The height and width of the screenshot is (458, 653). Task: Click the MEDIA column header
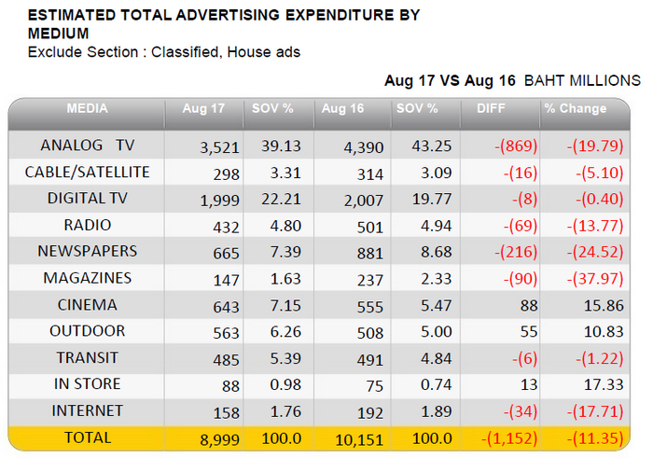pyautogui.click(x=87, y=109)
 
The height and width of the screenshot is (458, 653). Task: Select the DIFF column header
pyautogui.click(x=491, y=109)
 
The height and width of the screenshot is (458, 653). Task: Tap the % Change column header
pyautogui.click(x=576, y=109)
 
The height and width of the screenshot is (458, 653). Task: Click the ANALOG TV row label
pyautogui.click(x=88, y=146)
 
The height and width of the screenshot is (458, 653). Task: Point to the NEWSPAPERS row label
pyautogui.click(x=88, y=252)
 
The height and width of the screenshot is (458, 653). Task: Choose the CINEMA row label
pyautogui.click(x=88, y=305)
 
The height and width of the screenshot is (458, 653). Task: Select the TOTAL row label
pyautogui.click(x=88, y=437)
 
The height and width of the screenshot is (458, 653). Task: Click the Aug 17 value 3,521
pyautogui.click(x=219, y=147)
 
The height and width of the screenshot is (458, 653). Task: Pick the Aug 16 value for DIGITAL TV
pyautogui.click(x=364, y=201)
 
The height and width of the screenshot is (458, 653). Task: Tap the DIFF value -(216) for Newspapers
pyautogui.click(x=516, y=252)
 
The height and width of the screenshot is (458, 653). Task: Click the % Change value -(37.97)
pyautogui.click(x=595, y=279)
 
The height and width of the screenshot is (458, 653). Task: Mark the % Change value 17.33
pyautogui.click(x=604, y=384)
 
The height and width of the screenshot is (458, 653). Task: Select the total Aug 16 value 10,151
pyautogui.click(x=359, y=439)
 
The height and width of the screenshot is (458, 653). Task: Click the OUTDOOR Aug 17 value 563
pyautogui.click(x=226, y=333)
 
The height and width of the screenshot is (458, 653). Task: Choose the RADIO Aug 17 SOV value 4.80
pyautogui.click(x=285, y=226)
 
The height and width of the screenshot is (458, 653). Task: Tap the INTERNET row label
pyautogui.click(x=88, y=411)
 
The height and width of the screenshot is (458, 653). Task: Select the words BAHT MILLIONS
pyautogui.click(x=582, y=80)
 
